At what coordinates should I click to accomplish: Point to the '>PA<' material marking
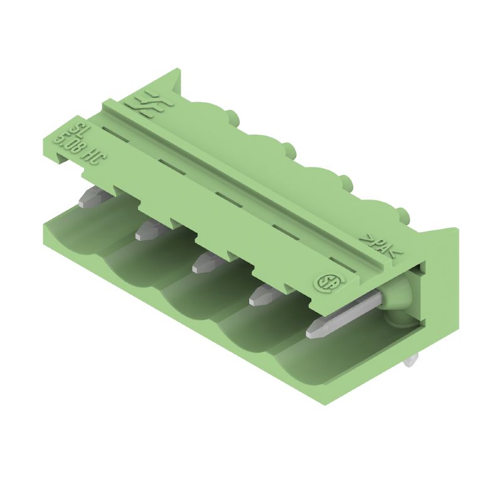click(378, 246)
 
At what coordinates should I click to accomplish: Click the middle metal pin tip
click(202, 264)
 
